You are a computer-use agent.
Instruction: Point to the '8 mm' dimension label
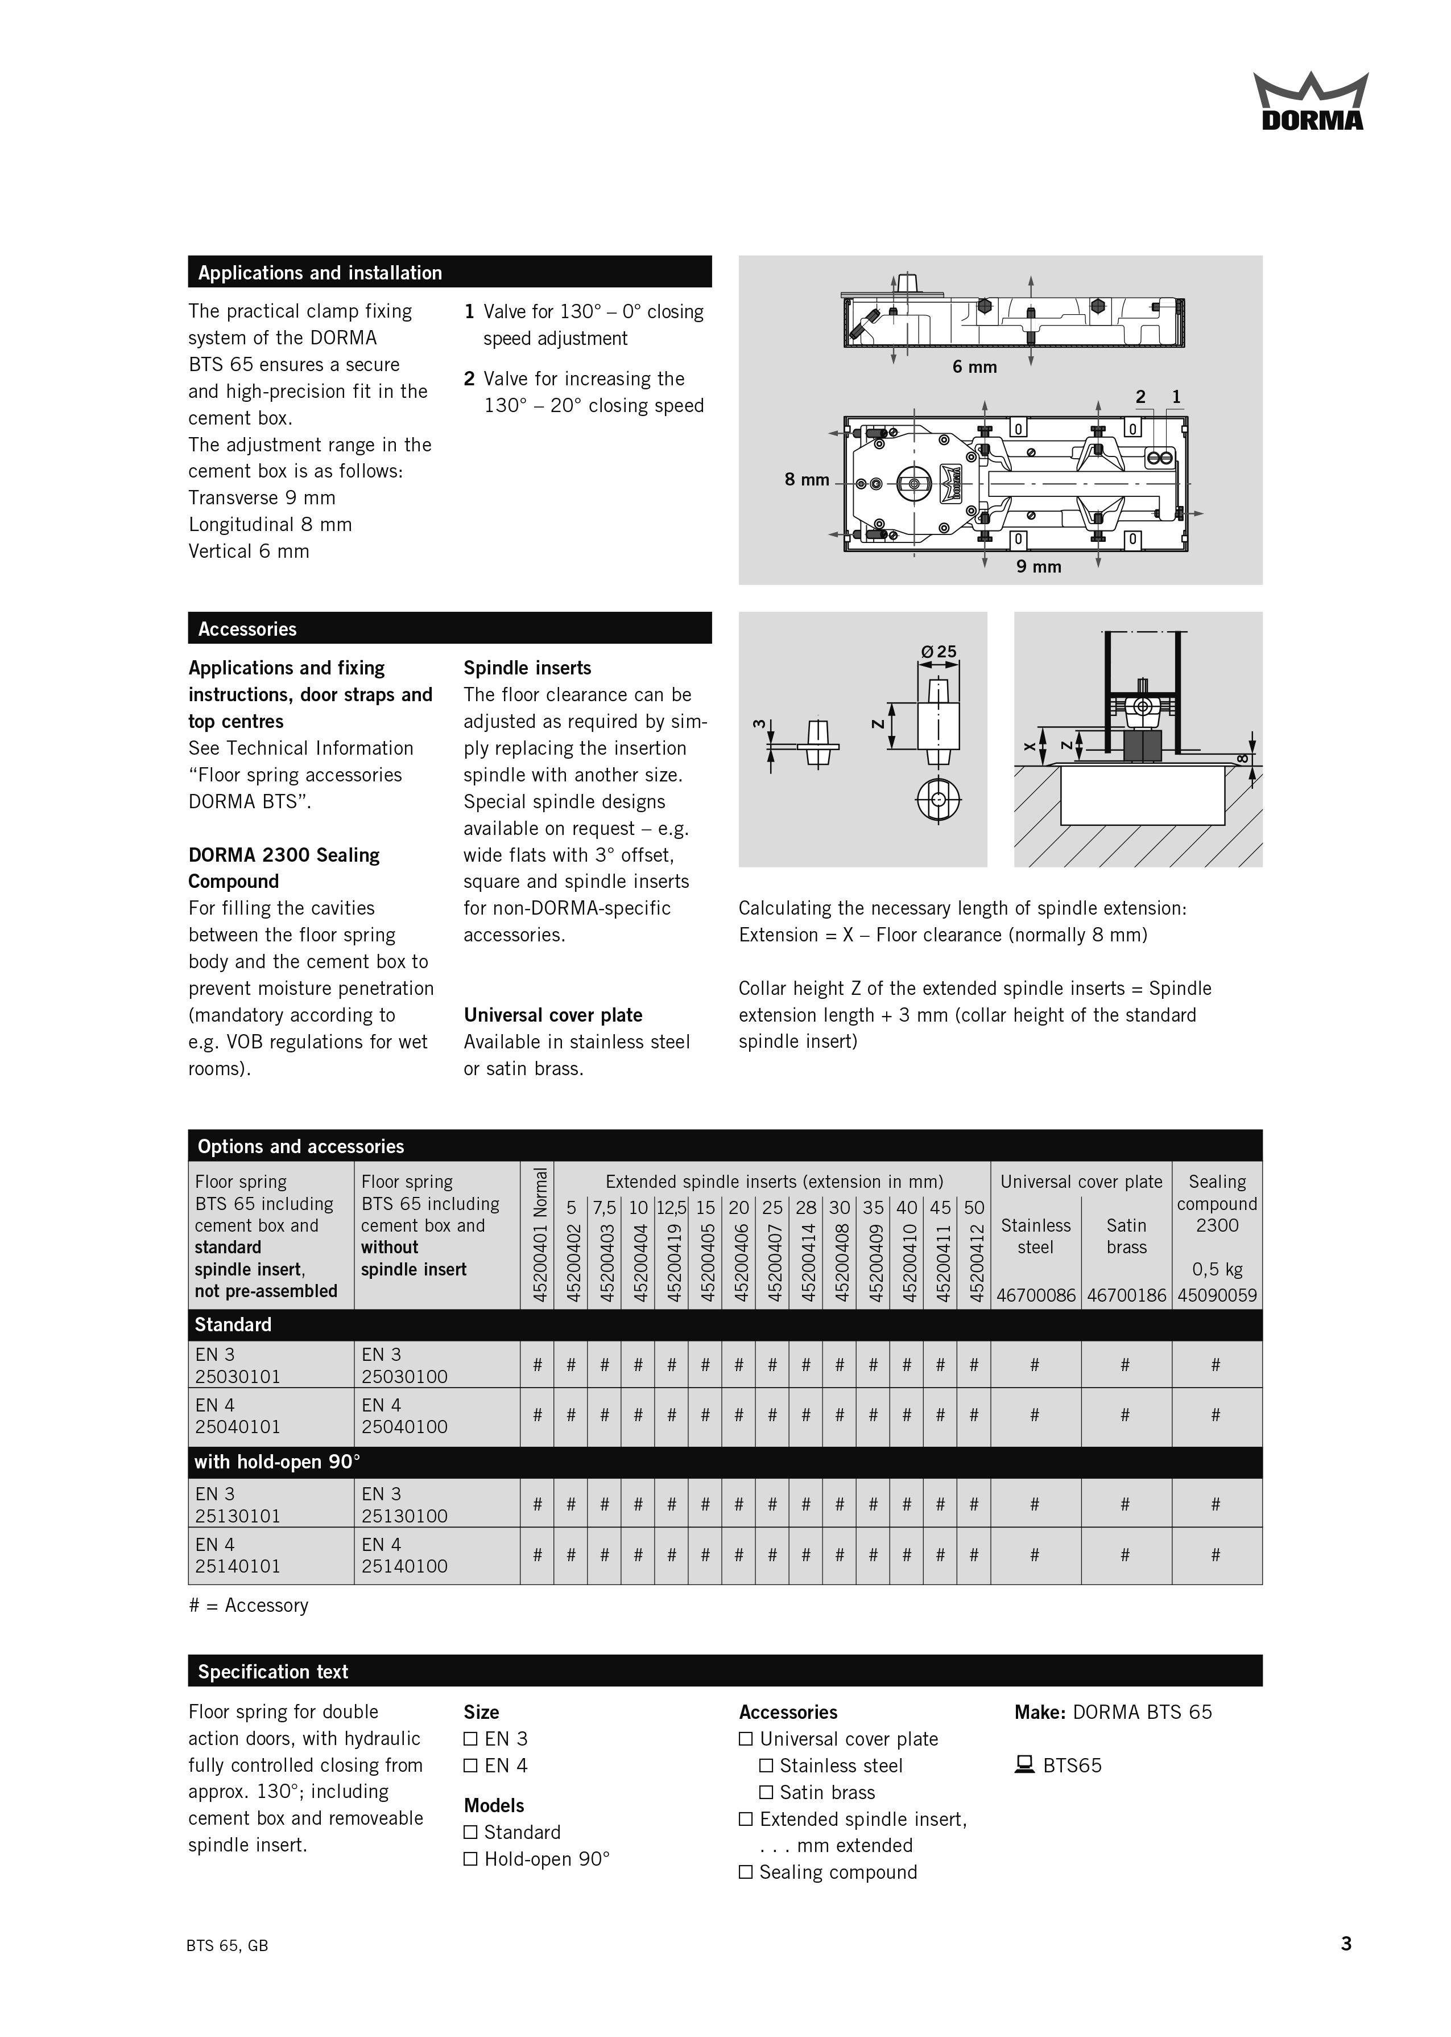pyautogui.click(x=807, y=480)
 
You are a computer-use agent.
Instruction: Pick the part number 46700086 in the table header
pyautogui.click(x=1036, y=1295)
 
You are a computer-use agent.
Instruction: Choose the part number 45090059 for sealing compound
pyautogui.click(x=1217, y=1295)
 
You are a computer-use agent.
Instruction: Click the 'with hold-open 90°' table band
pyautogui.click(x=725, y=1462)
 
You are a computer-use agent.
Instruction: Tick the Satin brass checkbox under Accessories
pyautogui.click(x=766, y=1792)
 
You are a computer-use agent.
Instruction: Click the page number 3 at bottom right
pyautogui.click(x=1346, y=1944)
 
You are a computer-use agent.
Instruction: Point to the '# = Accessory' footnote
pyautogui.click(x=249, y=1605)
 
